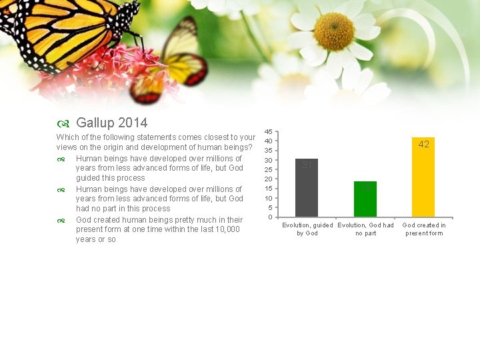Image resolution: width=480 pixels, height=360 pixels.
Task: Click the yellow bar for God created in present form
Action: coord(423,180)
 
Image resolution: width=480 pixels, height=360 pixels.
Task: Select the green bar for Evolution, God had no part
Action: coord(365,199)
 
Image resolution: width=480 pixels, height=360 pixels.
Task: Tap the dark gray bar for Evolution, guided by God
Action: coord(307,190)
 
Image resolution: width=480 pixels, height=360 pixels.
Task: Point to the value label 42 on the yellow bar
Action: coord(423,144)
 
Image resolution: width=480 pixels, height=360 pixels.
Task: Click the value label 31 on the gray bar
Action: coord(307,165)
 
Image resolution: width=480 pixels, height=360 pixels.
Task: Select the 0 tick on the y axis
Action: coord(270,217)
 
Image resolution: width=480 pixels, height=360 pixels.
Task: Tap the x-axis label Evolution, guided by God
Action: coord(307,229)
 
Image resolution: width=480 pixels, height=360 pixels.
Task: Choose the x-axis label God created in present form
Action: coord(424,229)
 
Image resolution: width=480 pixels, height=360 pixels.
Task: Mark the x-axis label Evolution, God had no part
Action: coord(365,229)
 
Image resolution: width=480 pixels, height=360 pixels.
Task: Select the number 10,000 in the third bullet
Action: coord(225,229)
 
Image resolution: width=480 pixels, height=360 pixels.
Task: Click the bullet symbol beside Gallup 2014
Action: coord(61,124)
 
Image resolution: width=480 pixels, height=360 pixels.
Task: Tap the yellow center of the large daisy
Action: coord(333,31)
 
